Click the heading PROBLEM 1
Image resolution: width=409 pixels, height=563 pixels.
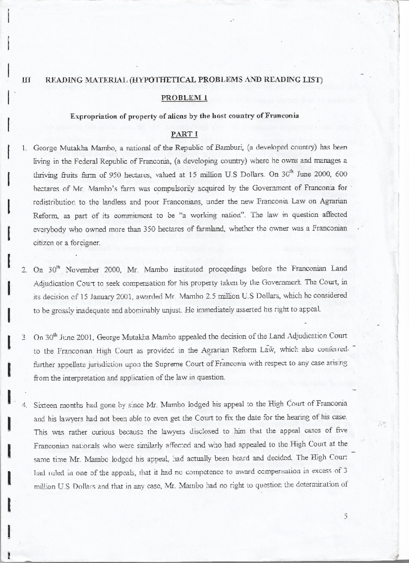coord(184,98)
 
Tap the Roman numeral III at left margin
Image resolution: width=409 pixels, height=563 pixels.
coord(26,80)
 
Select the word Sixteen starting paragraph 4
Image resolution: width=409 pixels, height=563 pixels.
coord(44,405)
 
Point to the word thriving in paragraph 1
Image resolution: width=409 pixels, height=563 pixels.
coord(44,175)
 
